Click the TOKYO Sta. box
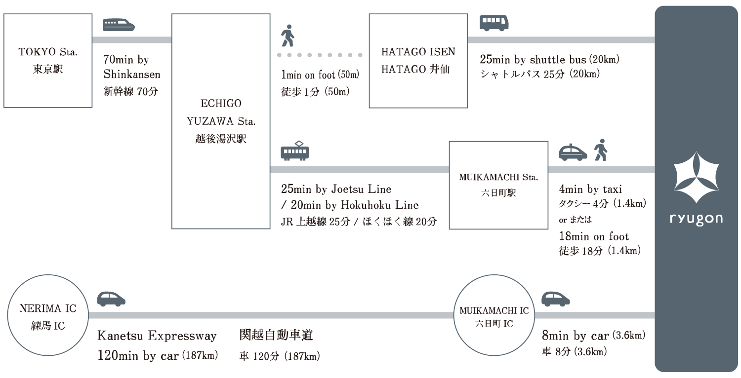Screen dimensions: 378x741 click(x=48, y=60)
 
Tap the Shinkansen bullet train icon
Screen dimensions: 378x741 click(x=119, y=25)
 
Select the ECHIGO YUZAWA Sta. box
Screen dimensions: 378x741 click(x=221, y=121)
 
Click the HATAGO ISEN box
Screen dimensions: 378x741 click(x=418, y=60)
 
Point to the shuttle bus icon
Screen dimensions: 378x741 click(x=494, y=23)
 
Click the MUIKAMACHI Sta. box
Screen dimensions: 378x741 click(x=498, y=185)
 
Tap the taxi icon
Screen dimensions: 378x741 click(x=573, y=152)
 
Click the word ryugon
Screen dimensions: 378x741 click(x=696, y=219)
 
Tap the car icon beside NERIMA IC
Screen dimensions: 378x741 click(x=111, y=298)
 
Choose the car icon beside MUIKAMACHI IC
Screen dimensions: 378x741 click(x=556, y=298)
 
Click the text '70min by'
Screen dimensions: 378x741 click(x=126, y=60)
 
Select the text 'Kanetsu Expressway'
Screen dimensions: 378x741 click(x=157, y=336)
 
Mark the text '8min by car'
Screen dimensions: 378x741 click(x=576, y=337)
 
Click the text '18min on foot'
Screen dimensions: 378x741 click(x=594, y=236)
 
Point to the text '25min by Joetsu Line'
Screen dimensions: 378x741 click(x=336, y=189)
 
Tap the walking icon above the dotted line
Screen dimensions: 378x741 click(x=288, y=36)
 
